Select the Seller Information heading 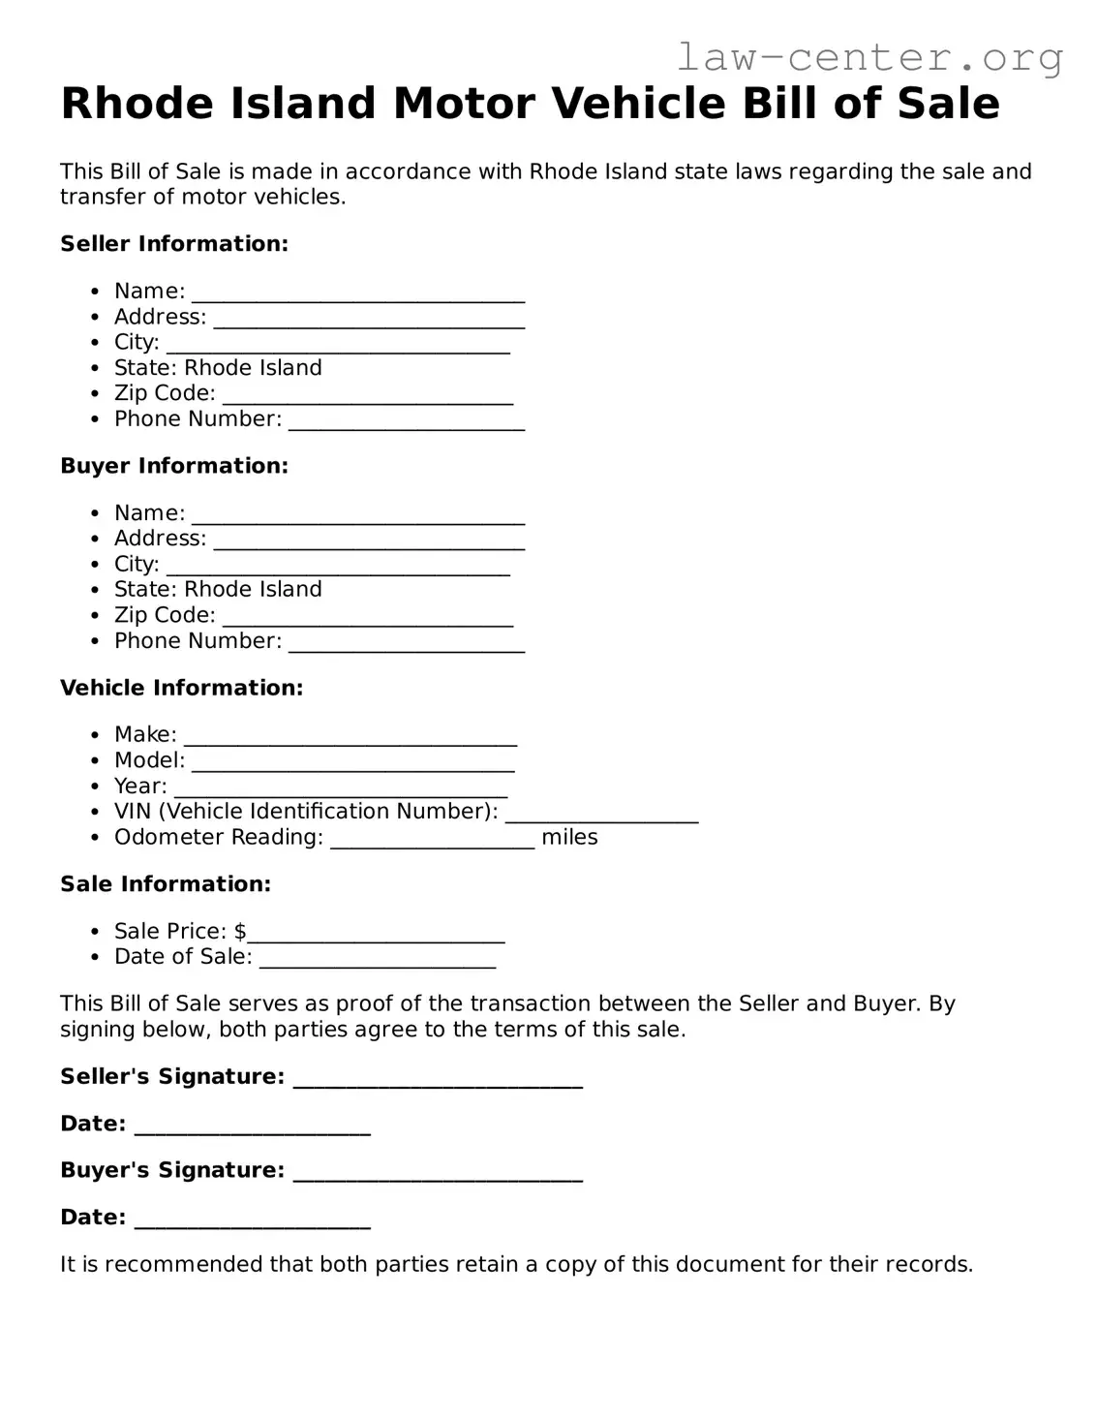[174, 244]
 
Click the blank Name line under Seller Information [357, 293]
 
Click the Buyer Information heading [174, 466]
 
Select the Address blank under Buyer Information [368, 540]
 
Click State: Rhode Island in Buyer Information [218, 590]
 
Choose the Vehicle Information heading [181, 688]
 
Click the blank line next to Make [350, 737]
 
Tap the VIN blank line [600, 814]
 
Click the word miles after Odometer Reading [569, 838]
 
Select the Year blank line [340, 788]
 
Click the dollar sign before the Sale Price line [240, 932]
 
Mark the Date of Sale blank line [377, 959]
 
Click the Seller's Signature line [437, 1079]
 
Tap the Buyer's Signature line [437, 1173]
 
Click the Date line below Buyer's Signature [252, 1219]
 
